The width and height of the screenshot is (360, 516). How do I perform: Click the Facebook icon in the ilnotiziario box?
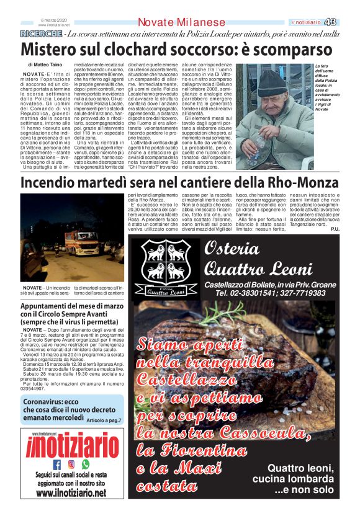point(57,463)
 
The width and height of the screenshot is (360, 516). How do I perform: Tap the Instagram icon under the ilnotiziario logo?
point(71,463)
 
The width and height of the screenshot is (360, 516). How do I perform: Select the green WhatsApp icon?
point(86,463)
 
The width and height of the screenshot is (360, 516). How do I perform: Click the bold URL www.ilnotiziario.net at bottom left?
point(71,494)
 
